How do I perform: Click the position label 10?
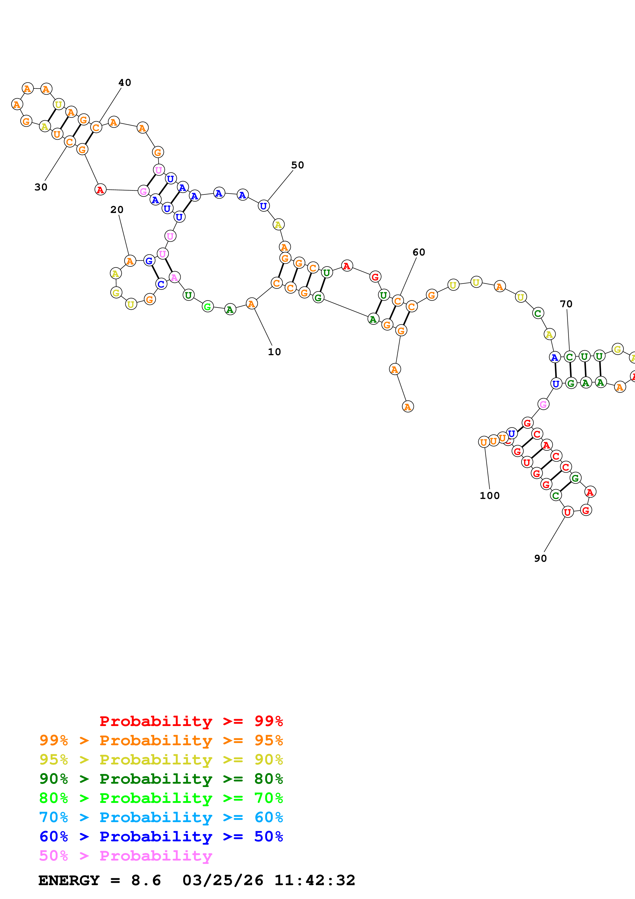pos(274,352)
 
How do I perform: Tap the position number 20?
pos(117,209)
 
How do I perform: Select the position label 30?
pos(41,187)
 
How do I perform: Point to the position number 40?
pos(125,83)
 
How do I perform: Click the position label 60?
pos(419,252)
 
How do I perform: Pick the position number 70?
pos(566,304)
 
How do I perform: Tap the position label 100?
pos(490,496)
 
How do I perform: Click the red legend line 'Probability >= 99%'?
pos(191,721)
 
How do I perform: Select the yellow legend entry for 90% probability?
pos(161,759)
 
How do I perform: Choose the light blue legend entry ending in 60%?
pos(161,817)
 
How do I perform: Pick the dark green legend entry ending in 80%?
pos(161,779)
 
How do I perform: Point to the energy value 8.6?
pos(146,880)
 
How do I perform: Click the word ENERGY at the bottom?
pos(69,880)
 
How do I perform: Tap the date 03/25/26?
pos(223,880)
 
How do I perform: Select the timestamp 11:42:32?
pos(315,880)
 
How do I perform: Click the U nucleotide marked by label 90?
pos(567,512)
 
